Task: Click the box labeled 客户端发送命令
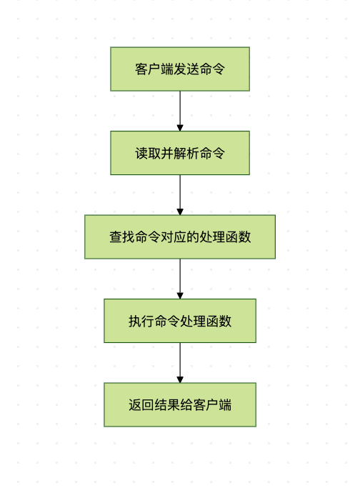point(180,69)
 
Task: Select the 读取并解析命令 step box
point(180,153)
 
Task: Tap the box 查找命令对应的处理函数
point(180,236)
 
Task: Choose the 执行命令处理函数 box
point(180,321)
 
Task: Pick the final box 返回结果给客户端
point(180,404)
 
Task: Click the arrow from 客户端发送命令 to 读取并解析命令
point(180,111)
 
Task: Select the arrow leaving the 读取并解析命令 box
point(180,195)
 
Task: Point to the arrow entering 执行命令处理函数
point(180,279)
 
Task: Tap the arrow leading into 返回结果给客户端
point(180,363)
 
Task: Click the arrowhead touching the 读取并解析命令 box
point(180,128)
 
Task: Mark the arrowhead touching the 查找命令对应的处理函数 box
point(180,212)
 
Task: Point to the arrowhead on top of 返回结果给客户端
point(180,380)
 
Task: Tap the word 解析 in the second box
point(186,153)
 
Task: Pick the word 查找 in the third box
point(122,236)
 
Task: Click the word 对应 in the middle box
point(174,236)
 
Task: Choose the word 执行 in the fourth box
point(141,321)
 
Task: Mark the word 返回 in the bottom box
point(141,405)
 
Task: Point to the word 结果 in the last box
point(167,405)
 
